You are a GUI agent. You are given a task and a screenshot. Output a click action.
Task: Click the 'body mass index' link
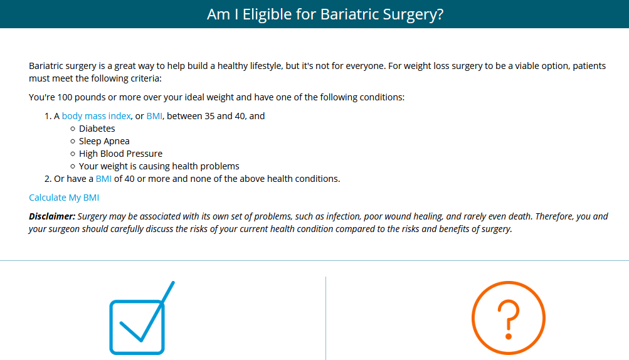pyautogui.click(x=97, y=116)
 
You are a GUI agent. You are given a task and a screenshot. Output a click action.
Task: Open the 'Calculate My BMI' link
pyautogui.click(x=64, y=198)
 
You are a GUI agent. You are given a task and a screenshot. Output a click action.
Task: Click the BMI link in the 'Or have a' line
pyautogui.click(x=103, y=179)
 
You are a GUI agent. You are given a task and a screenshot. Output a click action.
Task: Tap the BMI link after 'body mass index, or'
pyautogui.click(x=154, y=116)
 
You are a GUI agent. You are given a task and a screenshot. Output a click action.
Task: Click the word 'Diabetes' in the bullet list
pyautogui.click(x=97, y=129)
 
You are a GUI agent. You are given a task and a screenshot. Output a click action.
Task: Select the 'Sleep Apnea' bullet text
pyautogui.click(x=104, y=141)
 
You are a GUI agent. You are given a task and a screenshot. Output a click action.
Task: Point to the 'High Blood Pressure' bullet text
pyautogui.click(x=121, y=154)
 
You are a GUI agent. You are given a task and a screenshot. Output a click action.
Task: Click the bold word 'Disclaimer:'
pyautogui.click(x=52, y=216)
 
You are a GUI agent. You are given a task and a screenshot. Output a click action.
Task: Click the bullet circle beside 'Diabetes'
pyautogui.click(x=73, y=129)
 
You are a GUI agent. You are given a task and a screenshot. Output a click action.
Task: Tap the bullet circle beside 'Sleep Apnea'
pyautogui.click(x=73, y=141)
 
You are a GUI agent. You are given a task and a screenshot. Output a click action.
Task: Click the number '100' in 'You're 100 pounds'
pyautogui.click(x=65, y=97)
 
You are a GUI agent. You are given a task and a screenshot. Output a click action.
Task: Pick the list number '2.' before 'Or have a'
pyautogui.click(x=48, y=179)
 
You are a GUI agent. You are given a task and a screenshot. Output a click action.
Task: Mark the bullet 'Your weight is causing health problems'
pyautogui.click(x=159, y=166)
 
